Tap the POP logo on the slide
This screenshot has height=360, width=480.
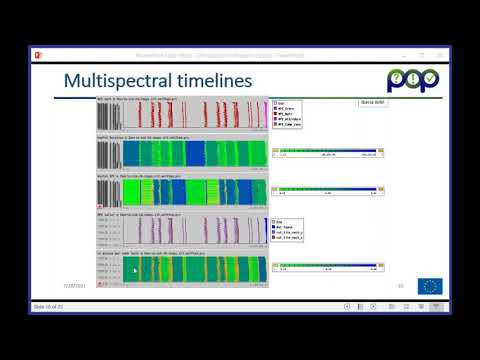[x=411, y=80]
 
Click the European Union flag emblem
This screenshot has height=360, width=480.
[x=430, y=286]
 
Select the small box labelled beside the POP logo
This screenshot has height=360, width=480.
[x=372, y=103]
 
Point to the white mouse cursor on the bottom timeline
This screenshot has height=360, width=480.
[x=135, y=270]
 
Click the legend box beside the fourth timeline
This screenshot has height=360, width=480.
[x=288, y=231]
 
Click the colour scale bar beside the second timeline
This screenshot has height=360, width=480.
[x=327, y=151]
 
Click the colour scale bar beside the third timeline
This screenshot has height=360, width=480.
[x=327, y=188]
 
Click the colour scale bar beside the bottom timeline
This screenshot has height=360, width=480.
[x=327, y=265]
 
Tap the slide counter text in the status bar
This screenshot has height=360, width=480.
[x=47, y=306]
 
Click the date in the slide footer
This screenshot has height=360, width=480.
[x=76, y=286]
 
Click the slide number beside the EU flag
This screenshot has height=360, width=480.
[x=400, y=286]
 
